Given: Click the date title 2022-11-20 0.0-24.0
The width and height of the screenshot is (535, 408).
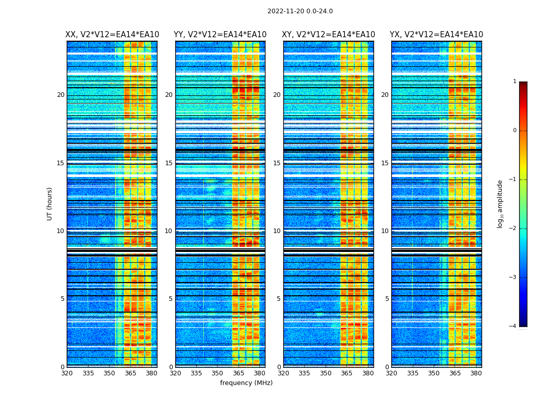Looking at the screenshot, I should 300,11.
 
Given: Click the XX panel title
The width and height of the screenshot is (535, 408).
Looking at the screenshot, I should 112,35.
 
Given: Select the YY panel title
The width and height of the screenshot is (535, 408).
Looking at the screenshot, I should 220,35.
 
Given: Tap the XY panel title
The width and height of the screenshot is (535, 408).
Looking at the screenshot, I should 328,35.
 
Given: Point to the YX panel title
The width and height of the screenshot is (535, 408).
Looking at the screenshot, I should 436,35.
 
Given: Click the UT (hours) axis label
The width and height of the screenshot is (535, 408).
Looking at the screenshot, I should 50,203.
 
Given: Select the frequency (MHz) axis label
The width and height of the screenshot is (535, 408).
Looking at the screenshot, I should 246,383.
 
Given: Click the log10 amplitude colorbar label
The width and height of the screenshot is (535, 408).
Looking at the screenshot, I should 500,203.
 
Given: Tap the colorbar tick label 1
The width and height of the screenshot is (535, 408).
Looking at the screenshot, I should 515,82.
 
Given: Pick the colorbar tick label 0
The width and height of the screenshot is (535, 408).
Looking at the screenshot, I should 515,131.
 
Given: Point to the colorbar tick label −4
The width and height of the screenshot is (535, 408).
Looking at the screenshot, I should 513,326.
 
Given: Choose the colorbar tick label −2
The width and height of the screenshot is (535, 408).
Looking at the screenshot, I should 513,228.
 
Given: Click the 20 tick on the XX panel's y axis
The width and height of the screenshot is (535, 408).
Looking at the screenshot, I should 61,95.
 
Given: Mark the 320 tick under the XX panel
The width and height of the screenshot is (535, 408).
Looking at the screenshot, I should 67,373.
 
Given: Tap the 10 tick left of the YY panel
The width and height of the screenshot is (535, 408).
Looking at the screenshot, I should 169,231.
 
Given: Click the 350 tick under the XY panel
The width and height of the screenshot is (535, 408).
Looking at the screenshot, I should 326,373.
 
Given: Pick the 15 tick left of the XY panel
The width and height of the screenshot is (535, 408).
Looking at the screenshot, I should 277,163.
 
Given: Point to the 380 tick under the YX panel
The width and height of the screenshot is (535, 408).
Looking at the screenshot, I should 476,373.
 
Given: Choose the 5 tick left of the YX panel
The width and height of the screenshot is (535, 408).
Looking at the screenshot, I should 387,299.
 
